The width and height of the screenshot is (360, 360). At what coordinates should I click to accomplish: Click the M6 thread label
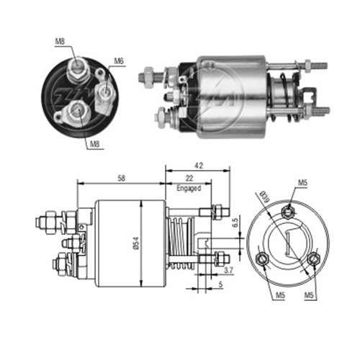coord(119,61)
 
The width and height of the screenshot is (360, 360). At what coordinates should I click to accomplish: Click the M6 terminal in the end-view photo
coord(105,90)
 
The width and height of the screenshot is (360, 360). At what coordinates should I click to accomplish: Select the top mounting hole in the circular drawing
coord(288,211)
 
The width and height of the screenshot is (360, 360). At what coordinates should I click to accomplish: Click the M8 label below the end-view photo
coord(94,144)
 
